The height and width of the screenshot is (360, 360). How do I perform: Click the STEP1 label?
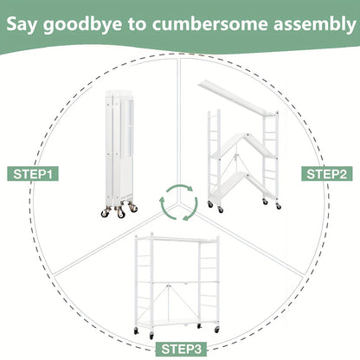pyautogui.click(x=33, y=174)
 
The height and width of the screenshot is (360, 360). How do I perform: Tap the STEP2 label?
pyautogui.click(x=327, y=174)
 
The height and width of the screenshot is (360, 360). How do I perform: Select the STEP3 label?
pyautogui.click(x=182, y=349)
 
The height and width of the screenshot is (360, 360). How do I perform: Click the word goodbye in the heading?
pyautogui.click(x=82, y=24)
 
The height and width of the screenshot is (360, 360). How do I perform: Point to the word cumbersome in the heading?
pyautogui.click(x=210, y=23)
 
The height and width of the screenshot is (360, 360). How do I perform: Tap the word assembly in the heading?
pyautogui.click(x=315, y=24)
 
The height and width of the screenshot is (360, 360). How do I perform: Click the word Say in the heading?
pyautogui.click(x=22, y=24)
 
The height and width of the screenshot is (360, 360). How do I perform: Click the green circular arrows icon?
pyautogui.click(x=179, y=202)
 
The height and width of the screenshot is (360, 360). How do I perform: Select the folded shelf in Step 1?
pyautogui.click(x=119, y=154)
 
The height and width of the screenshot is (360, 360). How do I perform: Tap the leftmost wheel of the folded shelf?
pyautogui.click(x=105, y=213)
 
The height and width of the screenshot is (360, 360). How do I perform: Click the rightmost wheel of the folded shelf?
pyautogui.click(x=133, y=207)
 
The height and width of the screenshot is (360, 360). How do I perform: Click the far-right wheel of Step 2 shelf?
pyautogui.click(x=278, y=206)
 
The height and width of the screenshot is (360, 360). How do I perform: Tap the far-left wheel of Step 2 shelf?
pyautogui.click(x=210, y=204)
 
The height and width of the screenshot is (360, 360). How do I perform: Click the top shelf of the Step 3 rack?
pyautogui.click(x=177, y=240)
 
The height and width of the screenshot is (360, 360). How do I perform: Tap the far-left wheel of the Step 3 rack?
pyautogui.click(x=136, y=331)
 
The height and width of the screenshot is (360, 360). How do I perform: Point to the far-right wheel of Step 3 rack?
pyautogui.click(x=217, y=330)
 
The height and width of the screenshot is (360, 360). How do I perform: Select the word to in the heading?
pyautogui.click(x=138, y=24)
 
